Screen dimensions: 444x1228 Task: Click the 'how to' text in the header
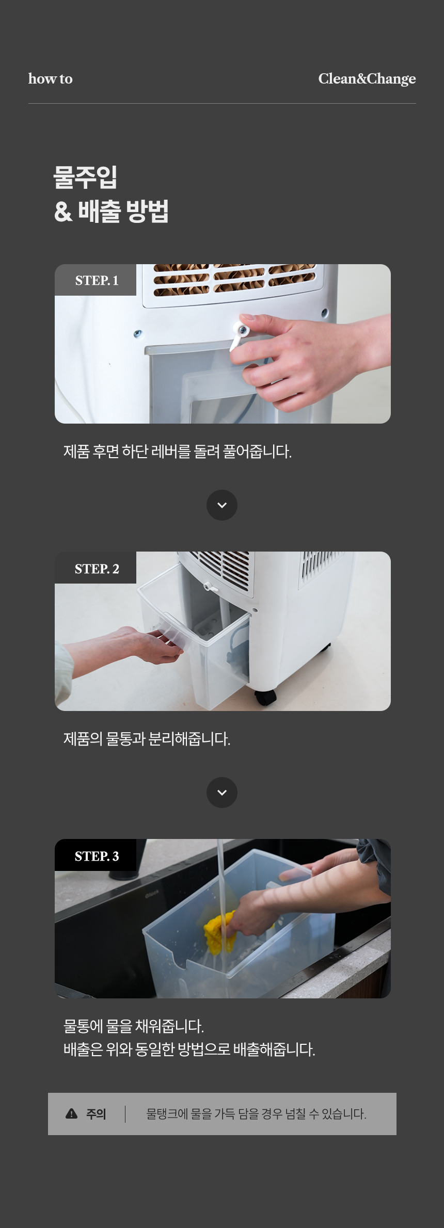coord(50,78)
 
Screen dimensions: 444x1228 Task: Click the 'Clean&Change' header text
coord(367,78)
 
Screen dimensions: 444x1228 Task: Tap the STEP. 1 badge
coord(96,280)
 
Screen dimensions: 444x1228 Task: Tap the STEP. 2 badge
coord(96,568)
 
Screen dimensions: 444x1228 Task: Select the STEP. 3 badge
coord(96,855)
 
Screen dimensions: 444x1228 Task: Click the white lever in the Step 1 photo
coord(238,335)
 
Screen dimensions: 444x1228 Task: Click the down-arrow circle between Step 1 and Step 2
coord(222,505)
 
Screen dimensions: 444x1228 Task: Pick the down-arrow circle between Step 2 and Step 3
coord(222,793)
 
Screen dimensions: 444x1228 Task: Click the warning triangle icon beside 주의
coord(72,1113)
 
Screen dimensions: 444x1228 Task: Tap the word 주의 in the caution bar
coord(96,1114)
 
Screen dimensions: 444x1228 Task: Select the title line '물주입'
coord(86,177)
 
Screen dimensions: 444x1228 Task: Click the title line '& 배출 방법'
coord(112,211)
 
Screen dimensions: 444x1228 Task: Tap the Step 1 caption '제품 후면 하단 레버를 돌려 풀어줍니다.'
coord(178,451)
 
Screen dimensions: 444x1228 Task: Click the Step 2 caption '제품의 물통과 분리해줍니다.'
coord(147,739)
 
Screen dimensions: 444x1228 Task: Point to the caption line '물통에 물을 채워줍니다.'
coord(134,1026)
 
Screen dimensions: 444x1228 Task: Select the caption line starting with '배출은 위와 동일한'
coord(189,1049)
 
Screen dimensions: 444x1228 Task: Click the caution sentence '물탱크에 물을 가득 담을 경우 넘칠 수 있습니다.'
coord(256,1114)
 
